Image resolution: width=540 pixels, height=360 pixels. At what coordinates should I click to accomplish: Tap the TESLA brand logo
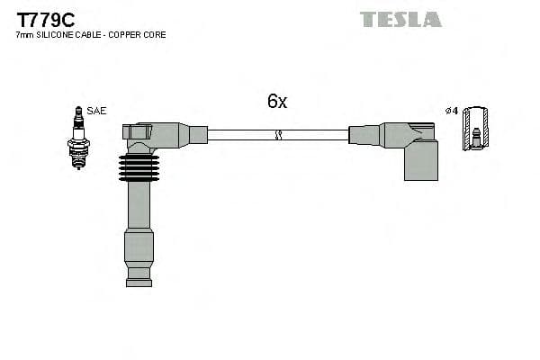point(400,19)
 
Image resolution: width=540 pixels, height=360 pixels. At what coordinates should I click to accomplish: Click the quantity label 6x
point(276,102)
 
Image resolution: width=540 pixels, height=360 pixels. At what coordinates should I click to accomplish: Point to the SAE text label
point(97,111)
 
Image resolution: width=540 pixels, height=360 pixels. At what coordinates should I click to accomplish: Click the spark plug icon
point(78,137)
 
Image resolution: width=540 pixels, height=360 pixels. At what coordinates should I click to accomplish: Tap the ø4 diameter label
point(452,111)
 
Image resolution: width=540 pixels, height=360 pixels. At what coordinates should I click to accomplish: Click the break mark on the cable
point(278,135)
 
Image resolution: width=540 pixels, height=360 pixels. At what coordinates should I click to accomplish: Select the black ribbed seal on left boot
point(138,167)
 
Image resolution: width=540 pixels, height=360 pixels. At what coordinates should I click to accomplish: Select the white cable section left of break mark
point(240,135)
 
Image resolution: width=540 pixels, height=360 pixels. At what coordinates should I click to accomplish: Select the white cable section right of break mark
point(315,135)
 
